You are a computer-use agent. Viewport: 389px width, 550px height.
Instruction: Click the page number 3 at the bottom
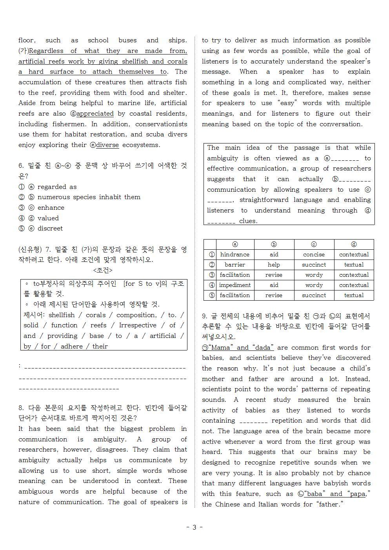[x=194, y=527]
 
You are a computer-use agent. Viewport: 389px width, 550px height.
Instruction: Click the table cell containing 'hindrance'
[x=234, y=254]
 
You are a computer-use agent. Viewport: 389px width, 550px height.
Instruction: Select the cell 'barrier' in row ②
[x=234, y=265]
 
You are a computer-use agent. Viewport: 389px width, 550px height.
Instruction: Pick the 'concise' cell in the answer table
[x=314, y=254]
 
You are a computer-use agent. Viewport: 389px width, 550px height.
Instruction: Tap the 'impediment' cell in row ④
[x=234, y=285]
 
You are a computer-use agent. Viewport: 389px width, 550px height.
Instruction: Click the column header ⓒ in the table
[x=314, y=244]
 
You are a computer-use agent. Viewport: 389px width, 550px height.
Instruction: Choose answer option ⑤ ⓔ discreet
[x=41, y=229]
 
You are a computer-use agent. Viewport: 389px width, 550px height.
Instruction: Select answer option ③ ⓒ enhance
[x=42, y=208]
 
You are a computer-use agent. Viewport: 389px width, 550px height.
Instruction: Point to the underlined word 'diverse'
[x=107, y=145]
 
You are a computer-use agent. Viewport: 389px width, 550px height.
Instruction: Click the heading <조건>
[x=102, y=270]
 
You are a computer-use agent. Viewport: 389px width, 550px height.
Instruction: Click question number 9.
[x=205, y=316]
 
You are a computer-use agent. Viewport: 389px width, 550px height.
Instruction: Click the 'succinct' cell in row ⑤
[x=314, y=295]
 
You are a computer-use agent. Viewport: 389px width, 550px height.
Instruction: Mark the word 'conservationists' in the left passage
[x=161, y=124]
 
